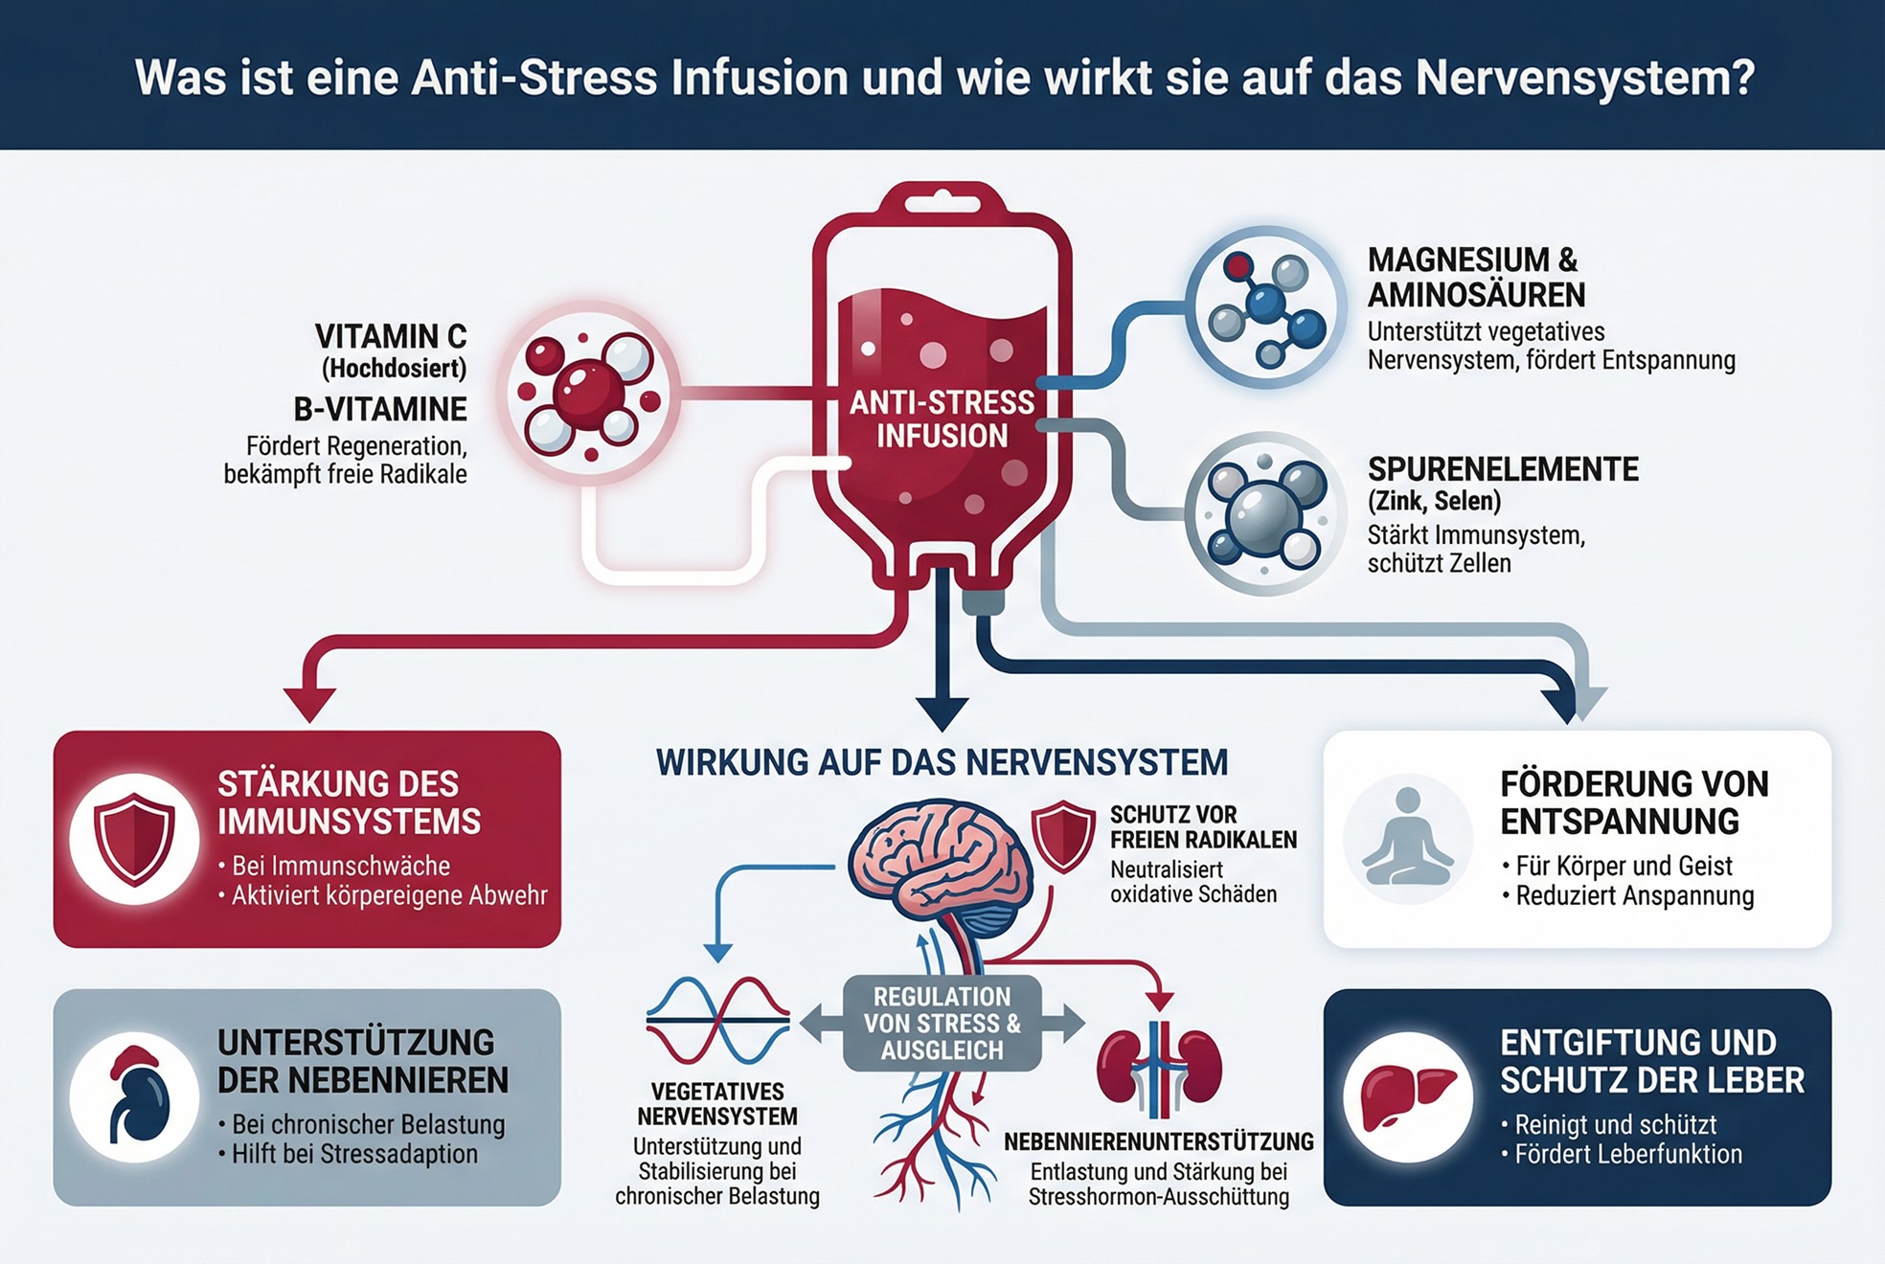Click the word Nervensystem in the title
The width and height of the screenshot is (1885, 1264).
pyautogui.click(x=1584, y=78)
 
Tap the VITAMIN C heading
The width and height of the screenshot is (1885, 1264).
pyautogui.click(x=391, y=336)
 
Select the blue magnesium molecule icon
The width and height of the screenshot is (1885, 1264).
pyautogui.click(x=1266, y=305)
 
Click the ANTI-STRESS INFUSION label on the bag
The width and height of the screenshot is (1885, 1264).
pyautogui.click(x=942, y=419)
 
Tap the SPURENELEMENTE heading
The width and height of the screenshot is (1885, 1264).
pyautogui.click(x=1503, y=469)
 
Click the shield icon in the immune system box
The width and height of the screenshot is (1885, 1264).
pyautogui.click(x=134, y=839)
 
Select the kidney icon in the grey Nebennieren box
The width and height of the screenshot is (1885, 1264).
pyautogui.click(x=134, y=1097)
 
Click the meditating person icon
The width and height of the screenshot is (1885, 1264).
pyautogui.click(x=1407, y=839)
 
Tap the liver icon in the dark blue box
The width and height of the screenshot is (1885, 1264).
pyautogui.click(x=1407, y=1097)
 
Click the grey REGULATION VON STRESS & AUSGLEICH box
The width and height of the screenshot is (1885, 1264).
pyautogui.click(x=942, y=1024)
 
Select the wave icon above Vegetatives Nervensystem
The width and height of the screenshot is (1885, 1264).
pyautogui.click(x=718, y=1021)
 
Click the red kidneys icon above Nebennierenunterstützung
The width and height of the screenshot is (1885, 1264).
pyautogui.click(x=1159, y=1068)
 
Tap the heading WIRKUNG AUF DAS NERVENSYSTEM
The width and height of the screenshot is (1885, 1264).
pyautogui.click(x=942, y=762)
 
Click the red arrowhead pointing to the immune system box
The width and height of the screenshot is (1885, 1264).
pyautogui.click(x=309, y=704)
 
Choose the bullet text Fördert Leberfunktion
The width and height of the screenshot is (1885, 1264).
pyautogui.click(x=1628, y=1154)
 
